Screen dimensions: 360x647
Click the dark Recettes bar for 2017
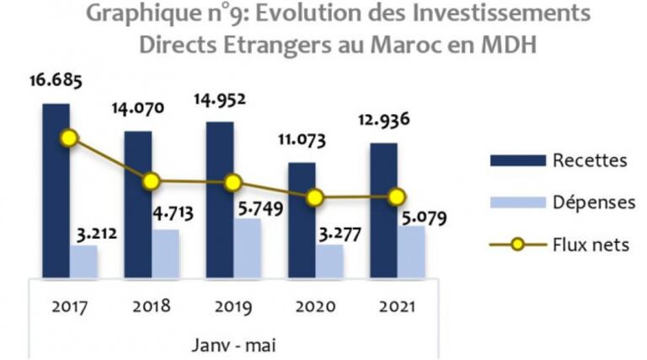pos(56,191)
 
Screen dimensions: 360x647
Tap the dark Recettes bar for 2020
pos(302,220)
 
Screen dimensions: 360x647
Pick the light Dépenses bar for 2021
pos(411,251)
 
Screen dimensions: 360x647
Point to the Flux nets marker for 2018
pos(152,181)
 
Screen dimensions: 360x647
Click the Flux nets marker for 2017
pos(70,137)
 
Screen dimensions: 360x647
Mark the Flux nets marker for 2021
pos(397,197)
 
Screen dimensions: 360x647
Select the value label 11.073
pos(302,139)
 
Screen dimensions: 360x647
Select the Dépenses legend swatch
pos(515,202)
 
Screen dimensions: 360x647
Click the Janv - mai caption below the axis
pos(233,344)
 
